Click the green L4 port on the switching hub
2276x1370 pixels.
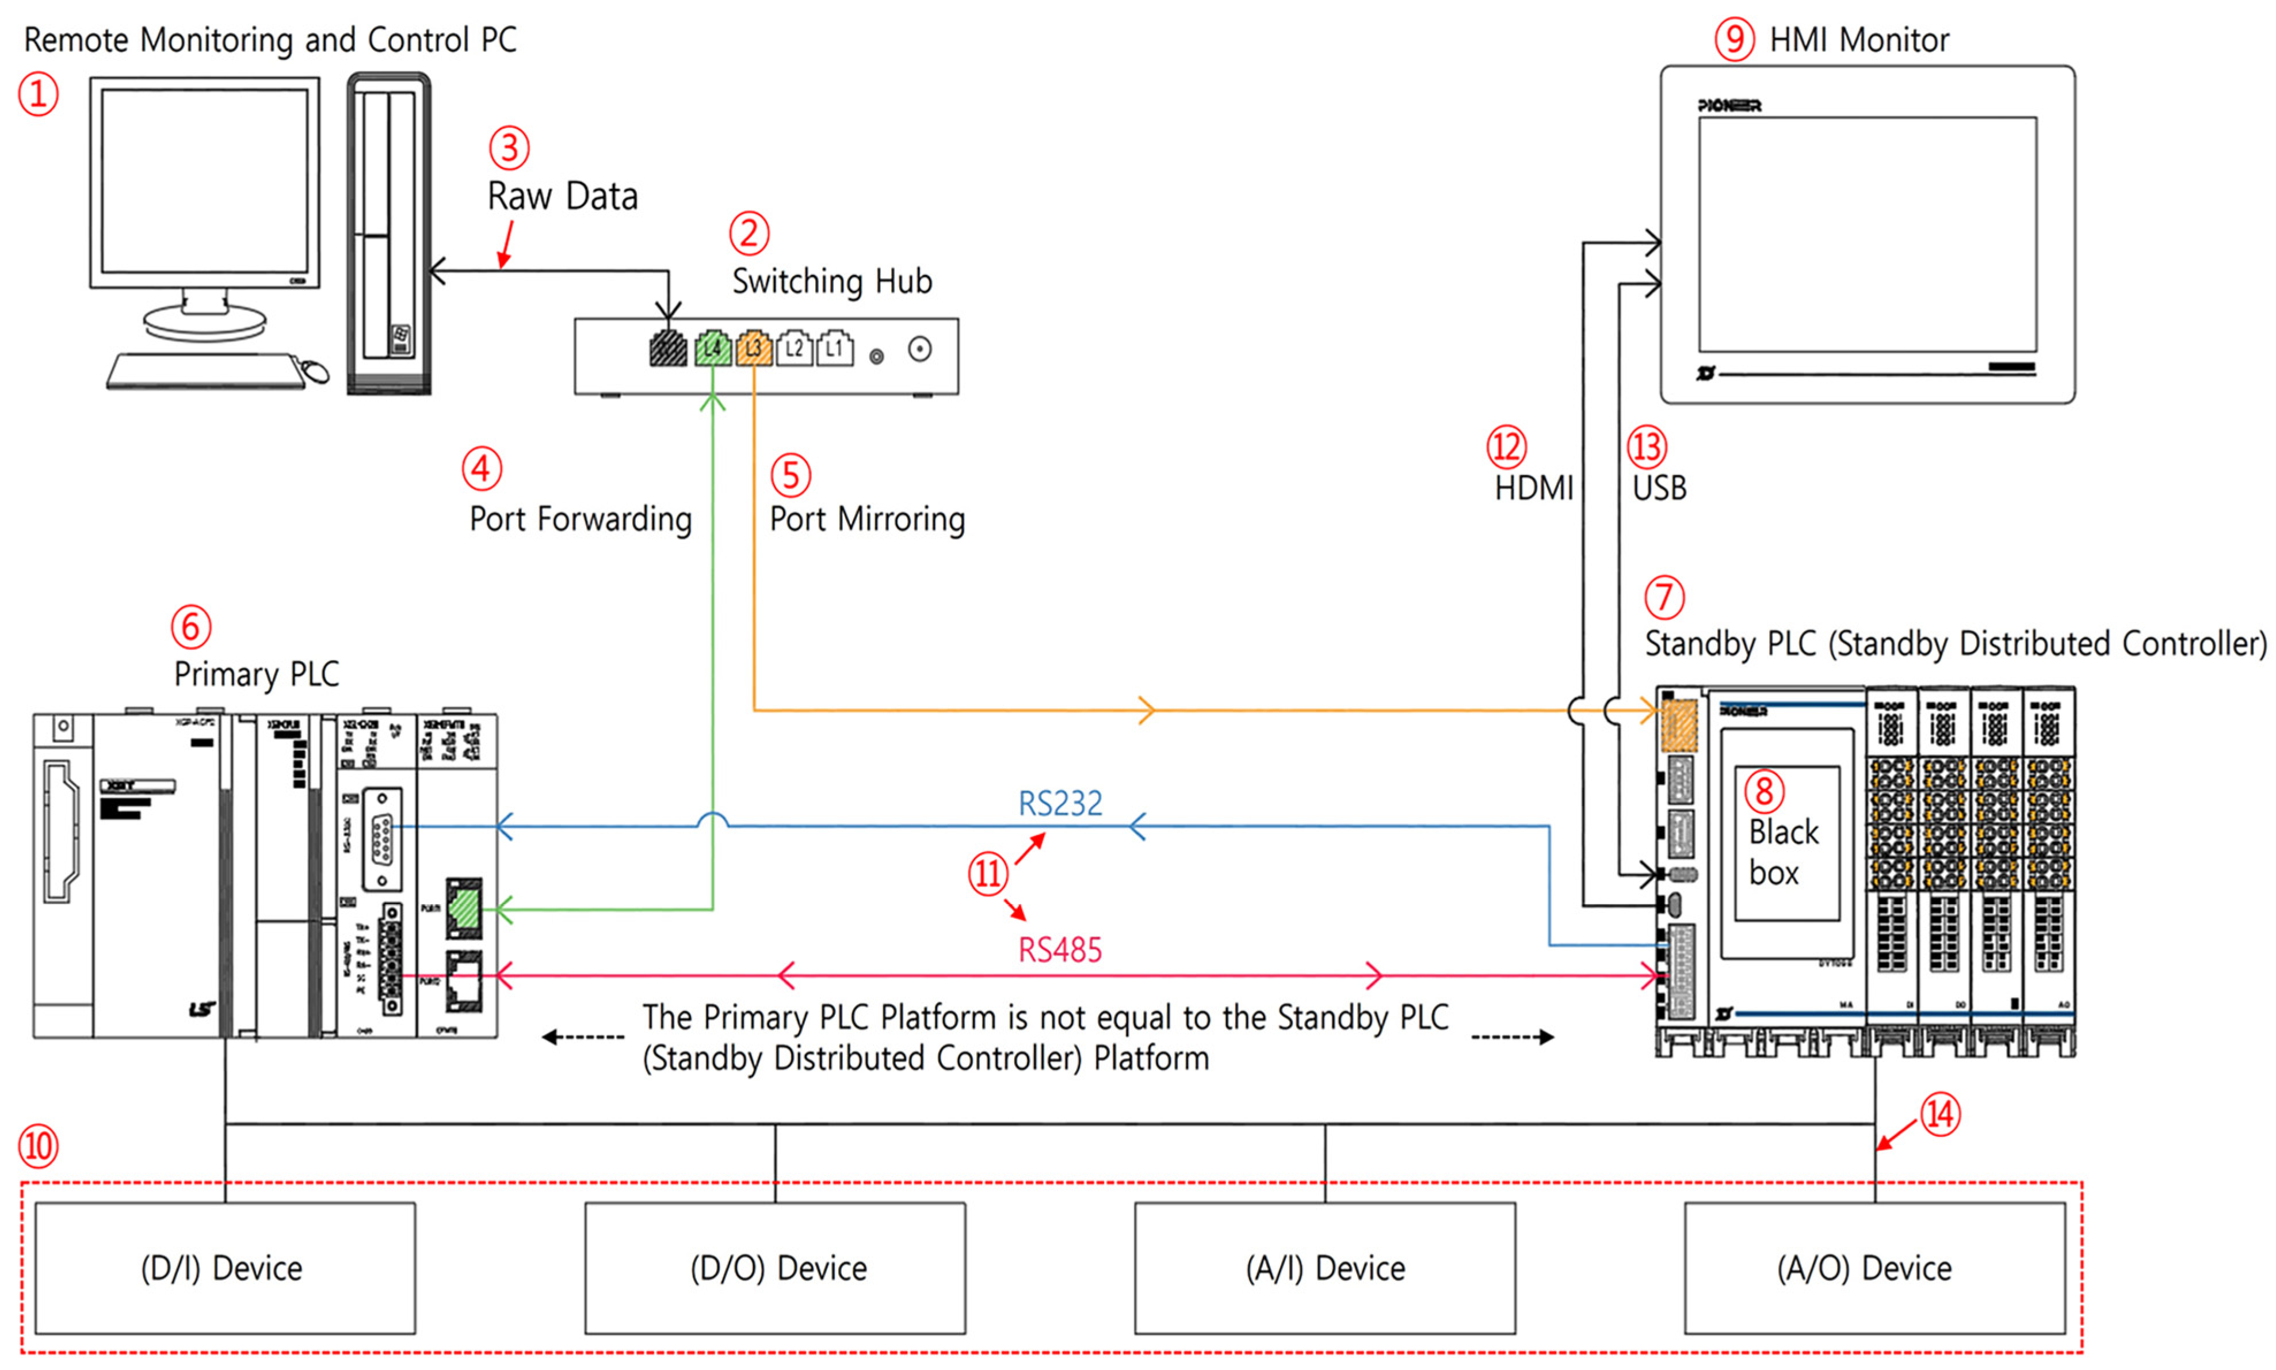[712, 349]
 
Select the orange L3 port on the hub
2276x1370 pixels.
[753, 349]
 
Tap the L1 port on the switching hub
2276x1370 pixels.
[834, 349]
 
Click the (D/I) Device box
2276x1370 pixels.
[224, 1268]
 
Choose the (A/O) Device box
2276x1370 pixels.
[1874, 1268]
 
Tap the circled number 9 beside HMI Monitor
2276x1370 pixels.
[1733, 40]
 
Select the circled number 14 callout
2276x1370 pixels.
[1940, 1115]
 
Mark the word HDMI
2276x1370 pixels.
[1533, 487]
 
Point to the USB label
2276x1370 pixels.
[1659, 487]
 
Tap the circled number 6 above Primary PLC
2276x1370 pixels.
[190, 627]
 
